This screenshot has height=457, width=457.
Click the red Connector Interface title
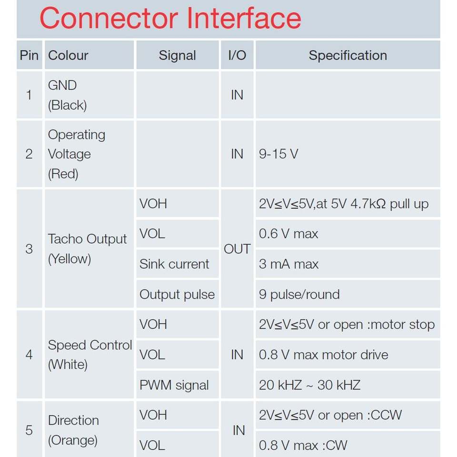pos(170,18)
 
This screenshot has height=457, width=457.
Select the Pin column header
pos(29,55)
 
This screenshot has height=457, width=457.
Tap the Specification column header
pos(348,55)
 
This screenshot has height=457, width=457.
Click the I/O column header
pos(237,55)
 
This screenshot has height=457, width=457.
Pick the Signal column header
pos(177,55)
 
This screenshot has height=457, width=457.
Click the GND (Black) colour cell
pos(67,95)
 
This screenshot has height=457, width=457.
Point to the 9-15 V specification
pos(278,154)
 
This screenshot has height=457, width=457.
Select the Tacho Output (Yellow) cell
pos(87,249)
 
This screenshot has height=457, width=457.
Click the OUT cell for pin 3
pos(237,249)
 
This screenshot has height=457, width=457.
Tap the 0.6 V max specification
pos(288,234)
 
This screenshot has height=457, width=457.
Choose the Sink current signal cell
pos(174,264)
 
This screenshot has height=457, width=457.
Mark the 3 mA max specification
pos(288,264)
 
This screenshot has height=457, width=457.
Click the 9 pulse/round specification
pos(299,294)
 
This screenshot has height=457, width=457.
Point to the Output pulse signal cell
pos(177,294)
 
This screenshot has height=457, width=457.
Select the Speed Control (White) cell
pos(90,355)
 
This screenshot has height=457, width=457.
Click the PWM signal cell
pos(174,385)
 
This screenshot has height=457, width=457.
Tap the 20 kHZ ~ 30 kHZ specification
pos(309,385)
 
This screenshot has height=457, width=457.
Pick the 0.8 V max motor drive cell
pos(323,355)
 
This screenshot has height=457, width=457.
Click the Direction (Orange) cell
pos(73,430)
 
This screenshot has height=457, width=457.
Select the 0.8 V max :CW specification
pos(303,445)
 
